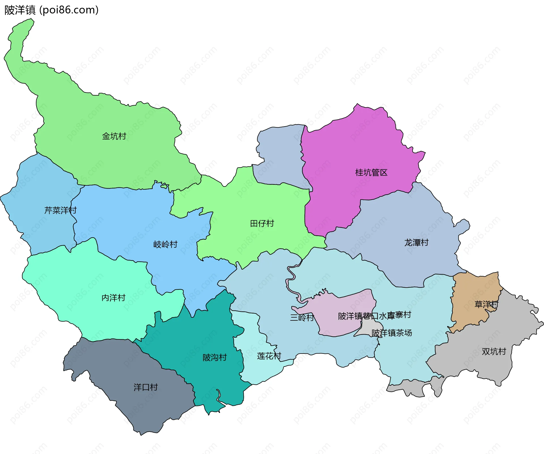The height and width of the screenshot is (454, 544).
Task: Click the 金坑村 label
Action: tap(114, 136)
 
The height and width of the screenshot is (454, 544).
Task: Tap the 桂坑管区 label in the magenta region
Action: tap(371, 173)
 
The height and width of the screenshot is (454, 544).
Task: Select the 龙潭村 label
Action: tap(416, 243)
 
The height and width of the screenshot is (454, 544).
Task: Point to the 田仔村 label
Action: tap(262, 224)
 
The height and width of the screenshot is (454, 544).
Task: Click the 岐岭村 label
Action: tap(165, 244)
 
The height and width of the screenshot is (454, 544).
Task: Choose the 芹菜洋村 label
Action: tap(60, 210)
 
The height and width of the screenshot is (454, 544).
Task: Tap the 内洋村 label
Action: tap(113, 298)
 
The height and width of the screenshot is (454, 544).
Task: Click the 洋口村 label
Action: tap(146, 387)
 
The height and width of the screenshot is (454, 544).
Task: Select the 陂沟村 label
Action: tap(214, 357)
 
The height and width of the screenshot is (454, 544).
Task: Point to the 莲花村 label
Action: tap(269, 356)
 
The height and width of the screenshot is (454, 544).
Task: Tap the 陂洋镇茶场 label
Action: tap(392, 333)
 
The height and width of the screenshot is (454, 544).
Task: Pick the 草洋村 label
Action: tap(486, 305)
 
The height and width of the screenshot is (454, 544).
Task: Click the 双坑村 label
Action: tap(494, 352)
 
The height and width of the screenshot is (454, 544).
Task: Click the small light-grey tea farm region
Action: tap(365, 328)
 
